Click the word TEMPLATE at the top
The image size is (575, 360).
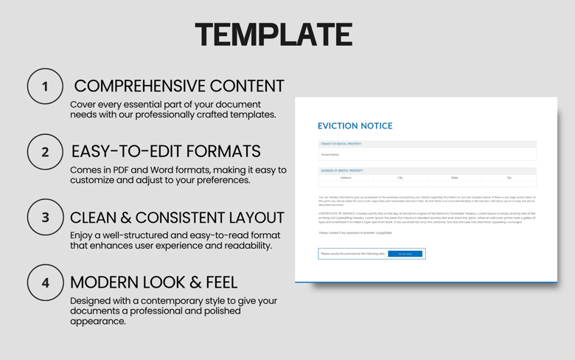pyautogui.click(x=273, y=35)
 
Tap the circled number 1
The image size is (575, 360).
pyautogui.click(x=45, y=86)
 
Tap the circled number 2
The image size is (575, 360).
pyautogui.click(x=45, y=152)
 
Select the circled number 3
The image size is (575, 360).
pyautogui.click(x=45, y=218)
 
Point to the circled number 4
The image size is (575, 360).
pyautogui.click(x=45, y=283)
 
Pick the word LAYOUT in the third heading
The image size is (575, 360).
pyautogui.click(x=248, y=218)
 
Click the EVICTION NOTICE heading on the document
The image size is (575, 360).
pyautogui.click(x=355, y=126)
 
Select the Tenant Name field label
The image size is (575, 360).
pyautogui.click(x=330, y=155)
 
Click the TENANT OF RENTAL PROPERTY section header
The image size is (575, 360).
pyautogui.click(x=341, y=144)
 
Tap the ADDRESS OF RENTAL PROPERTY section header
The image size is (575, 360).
pyautogui.click(x=342, y=170)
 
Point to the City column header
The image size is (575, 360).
pyautogui.click(x=400, y=178)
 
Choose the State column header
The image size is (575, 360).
pyautogui.click(x=455, y=178)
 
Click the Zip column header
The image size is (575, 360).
pyautogui.click(x=509, y=178)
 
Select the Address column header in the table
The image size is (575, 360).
pyautogui.click(x=346, y=178)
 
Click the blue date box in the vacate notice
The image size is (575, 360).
pyautogui.click(x=405, y=254)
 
